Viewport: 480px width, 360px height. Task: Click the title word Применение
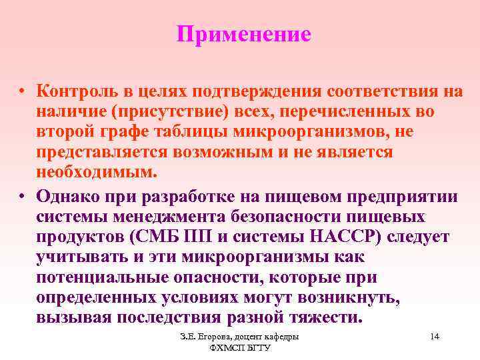coord(244,35)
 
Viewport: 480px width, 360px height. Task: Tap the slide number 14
coord(435,337)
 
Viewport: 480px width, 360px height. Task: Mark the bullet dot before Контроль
coord(22,91)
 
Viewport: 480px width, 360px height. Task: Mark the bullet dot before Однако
coord(22,196)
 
